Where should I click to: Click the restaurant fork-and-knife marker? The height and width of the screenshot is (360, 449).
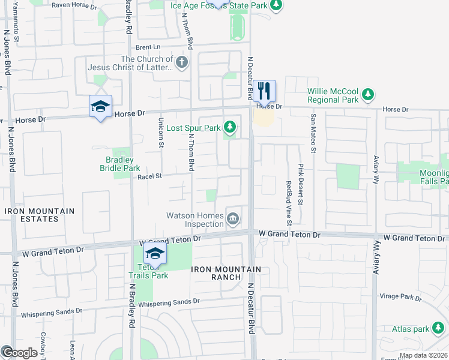[264, 91]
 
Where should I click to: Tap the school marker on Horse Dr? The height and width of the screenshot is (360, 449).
[100, 107]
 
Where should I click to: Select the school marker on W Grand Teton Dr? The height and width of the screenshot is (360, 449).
[155, 253]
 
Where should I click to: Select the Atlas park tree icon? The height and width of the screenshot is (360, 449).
[439, 329]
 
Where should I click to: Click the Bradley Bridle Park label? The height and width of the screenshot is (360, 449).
[119, 164]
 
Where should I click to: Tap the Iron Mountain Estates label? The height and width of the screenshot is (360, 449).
[40, 215]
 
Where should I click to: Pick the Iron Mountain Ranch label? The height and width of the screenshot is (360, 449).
[226, 274]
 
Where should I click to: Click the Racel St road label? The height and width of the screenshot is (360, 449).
[150, 176]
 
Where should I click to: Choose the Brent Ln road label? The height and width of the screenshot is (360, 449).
[148, 47]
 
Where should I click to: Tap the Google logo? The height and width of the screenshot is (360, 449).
[19, 353]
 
